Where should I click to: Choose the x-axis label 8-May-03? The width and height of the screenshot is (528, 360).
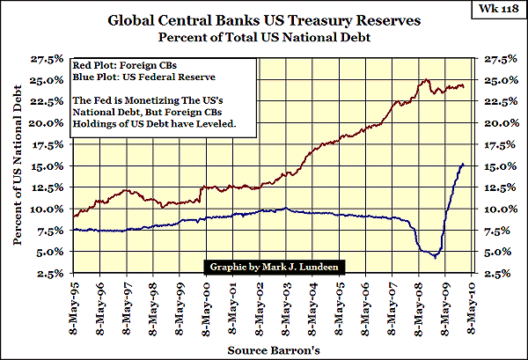click(x=289, y=304)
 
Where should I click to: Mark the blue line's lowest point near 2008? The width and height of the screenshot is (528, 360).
click(x=434, y=256)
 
